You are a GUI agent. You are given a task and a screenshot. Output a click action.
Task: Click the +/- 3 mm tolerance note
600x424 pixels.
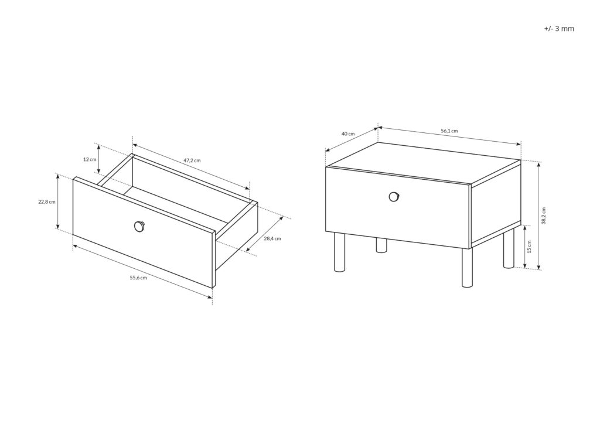559,28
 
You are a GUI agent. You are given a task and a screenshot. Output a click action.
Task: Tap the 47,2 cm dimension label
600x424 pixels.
192,160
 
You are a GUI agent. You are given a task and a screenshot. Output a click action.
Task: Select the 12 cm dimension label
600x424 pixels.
89,159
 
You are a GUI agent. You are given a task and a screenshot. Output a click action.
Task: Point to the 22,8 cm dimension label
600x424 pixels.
47,202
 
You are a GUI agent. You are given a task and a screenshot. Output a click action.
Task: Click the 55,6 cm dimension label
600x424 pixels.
138,278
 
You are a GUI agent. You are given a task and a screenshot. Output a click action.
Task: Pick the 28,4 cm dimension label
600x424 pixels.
272,239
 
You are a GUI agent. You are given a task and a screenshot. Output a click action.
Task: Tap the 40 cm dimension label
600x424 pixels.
348,134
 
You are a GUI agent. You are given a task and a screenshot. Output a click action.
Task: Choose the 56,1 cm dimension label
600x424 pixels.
449,131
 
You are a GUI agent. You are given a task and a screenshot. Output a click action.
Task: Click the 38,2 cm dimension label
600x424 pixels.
544,216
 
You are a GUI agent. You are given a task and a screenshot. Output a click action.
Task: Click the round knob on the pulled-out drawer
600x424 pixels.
139,225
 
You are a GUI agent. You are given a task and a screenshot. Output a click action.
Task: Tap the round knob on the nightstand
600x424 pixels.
394,197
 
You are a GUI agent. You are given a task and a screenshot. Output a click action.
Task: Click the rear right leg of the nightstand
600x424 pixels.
509,248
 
